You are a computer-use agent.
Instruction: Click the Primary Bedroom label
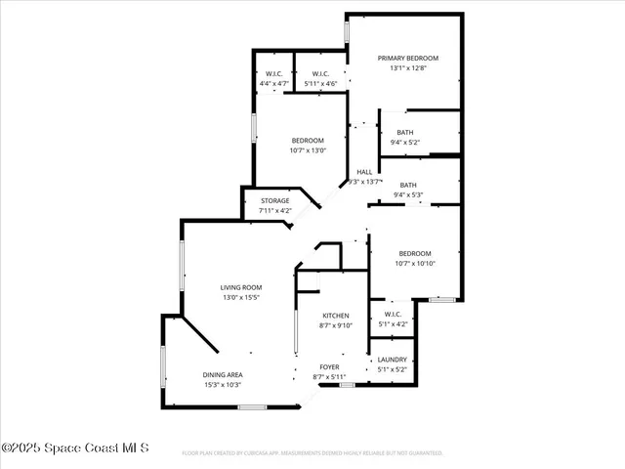pyautogui.click(x=408, y=59)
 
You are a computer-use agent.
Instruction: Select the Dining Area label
pyautogui.click(x=223, y=375)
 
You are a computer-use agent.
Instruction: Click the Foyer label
pyautogui.click(x=329, y=367)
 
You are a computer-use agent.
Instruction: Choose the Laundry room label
pyautogui.click(x=392, y=360)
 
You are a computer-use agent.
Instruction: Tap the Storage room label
pyautogui.click(x=274, y=201)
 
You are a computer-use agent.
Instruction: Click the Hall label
pyautogui.click(x=364, y=172)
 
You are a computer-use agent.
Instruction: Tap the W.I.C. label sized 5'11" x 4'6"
pyautogui.click(x=319, y=74)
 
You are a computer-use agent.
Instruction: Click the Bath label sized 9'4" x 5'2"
pyautogui.click(x=404, y=133)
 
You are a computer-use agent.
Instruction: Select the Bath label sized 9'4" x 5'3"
pyautogui.click(x=407, y=186)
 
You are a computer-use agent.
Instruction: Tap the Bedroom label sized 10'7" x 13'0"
pyautogui.click(x=308, y=141)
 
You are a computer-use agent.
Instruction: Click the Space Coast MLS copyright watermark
pyautogui.click(x=75, y=448)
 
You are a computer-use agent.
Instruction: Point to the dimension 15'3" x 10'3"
pyautogui.click(x=223, y=385)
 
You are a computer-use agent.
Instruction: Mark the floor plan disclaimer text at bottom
pyautogui.click(x=312, y=453)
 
